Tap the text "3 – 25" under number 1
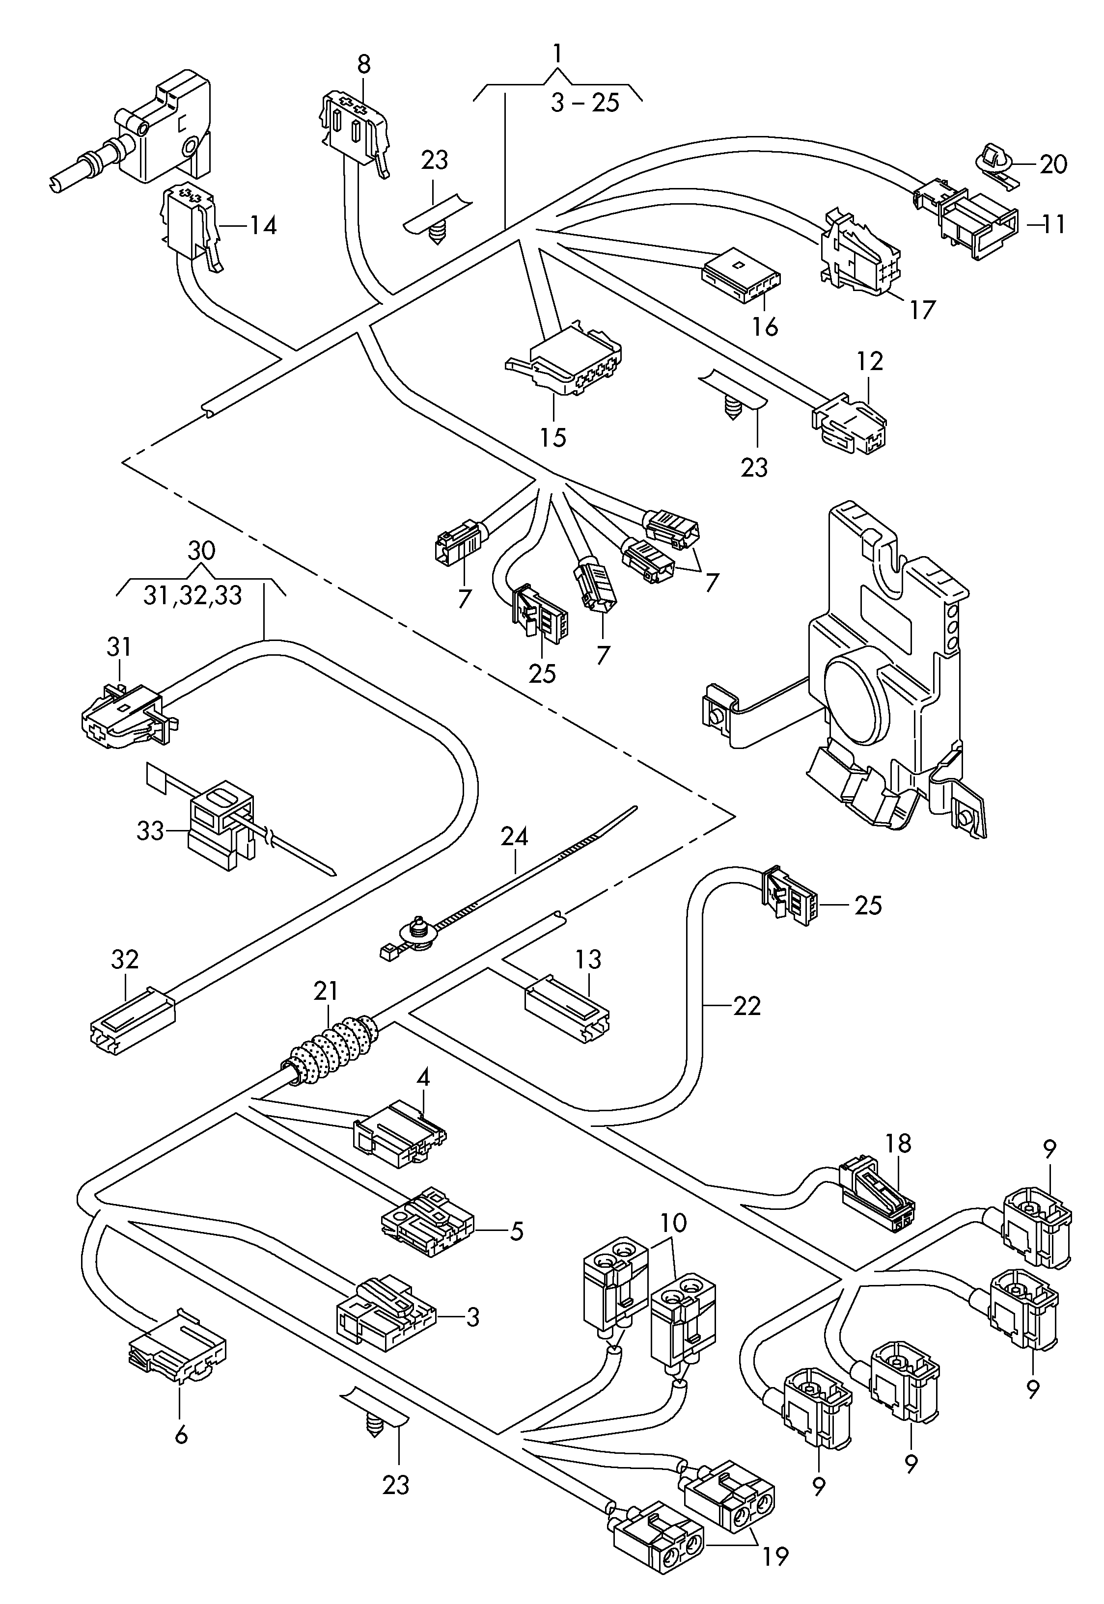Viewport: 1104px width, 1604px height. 585,104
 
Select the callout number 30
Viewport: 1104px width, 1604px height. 201,551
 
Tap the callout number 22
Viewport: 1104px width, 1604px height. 747,1005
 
